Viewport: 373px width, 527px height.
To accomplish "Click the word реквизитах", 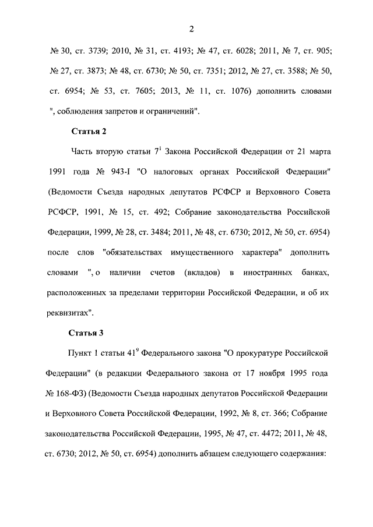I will pos(69,313).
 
